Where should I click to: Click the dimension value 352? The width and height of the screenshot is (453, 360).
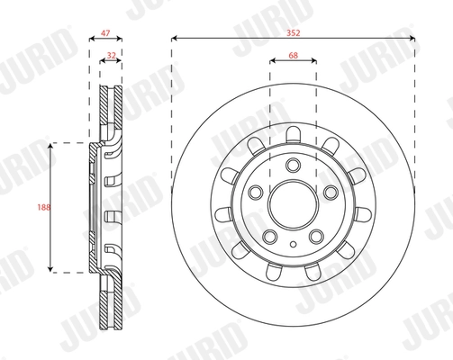pyautogui.click(x=293, y=32)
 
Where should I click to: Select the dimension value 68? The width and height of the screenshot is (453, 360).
pyautogui.click(x=293, y=55)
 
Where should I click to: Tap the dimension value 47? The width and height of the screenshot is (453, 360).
pyautogui.click(x=105, y=32)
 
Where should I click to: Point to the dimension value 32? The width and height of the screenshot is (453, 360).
pyautogui.click(x=112, y=55)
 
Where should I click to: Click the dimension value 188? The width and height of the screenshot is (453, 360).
pyautogui.click(x=44, y=207)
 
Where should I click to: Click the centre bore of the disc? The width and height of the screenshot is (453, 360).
pyautogui.click(x=293, y=204)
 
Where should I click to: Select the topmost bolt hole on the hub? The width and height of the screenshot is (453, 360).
pyautogui.click(x=293, y=165)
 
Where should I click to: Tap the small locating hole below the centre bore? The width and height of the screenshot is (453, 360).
pyautogui.click(x=294, y=244)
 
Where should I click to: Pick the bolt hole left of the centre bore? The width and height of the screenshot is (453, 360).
pyautogui.click(x=256, y=193)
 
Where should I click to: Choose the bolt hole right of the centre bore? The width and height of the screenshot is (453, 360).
pyautogui.click(x=331, y=193)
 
